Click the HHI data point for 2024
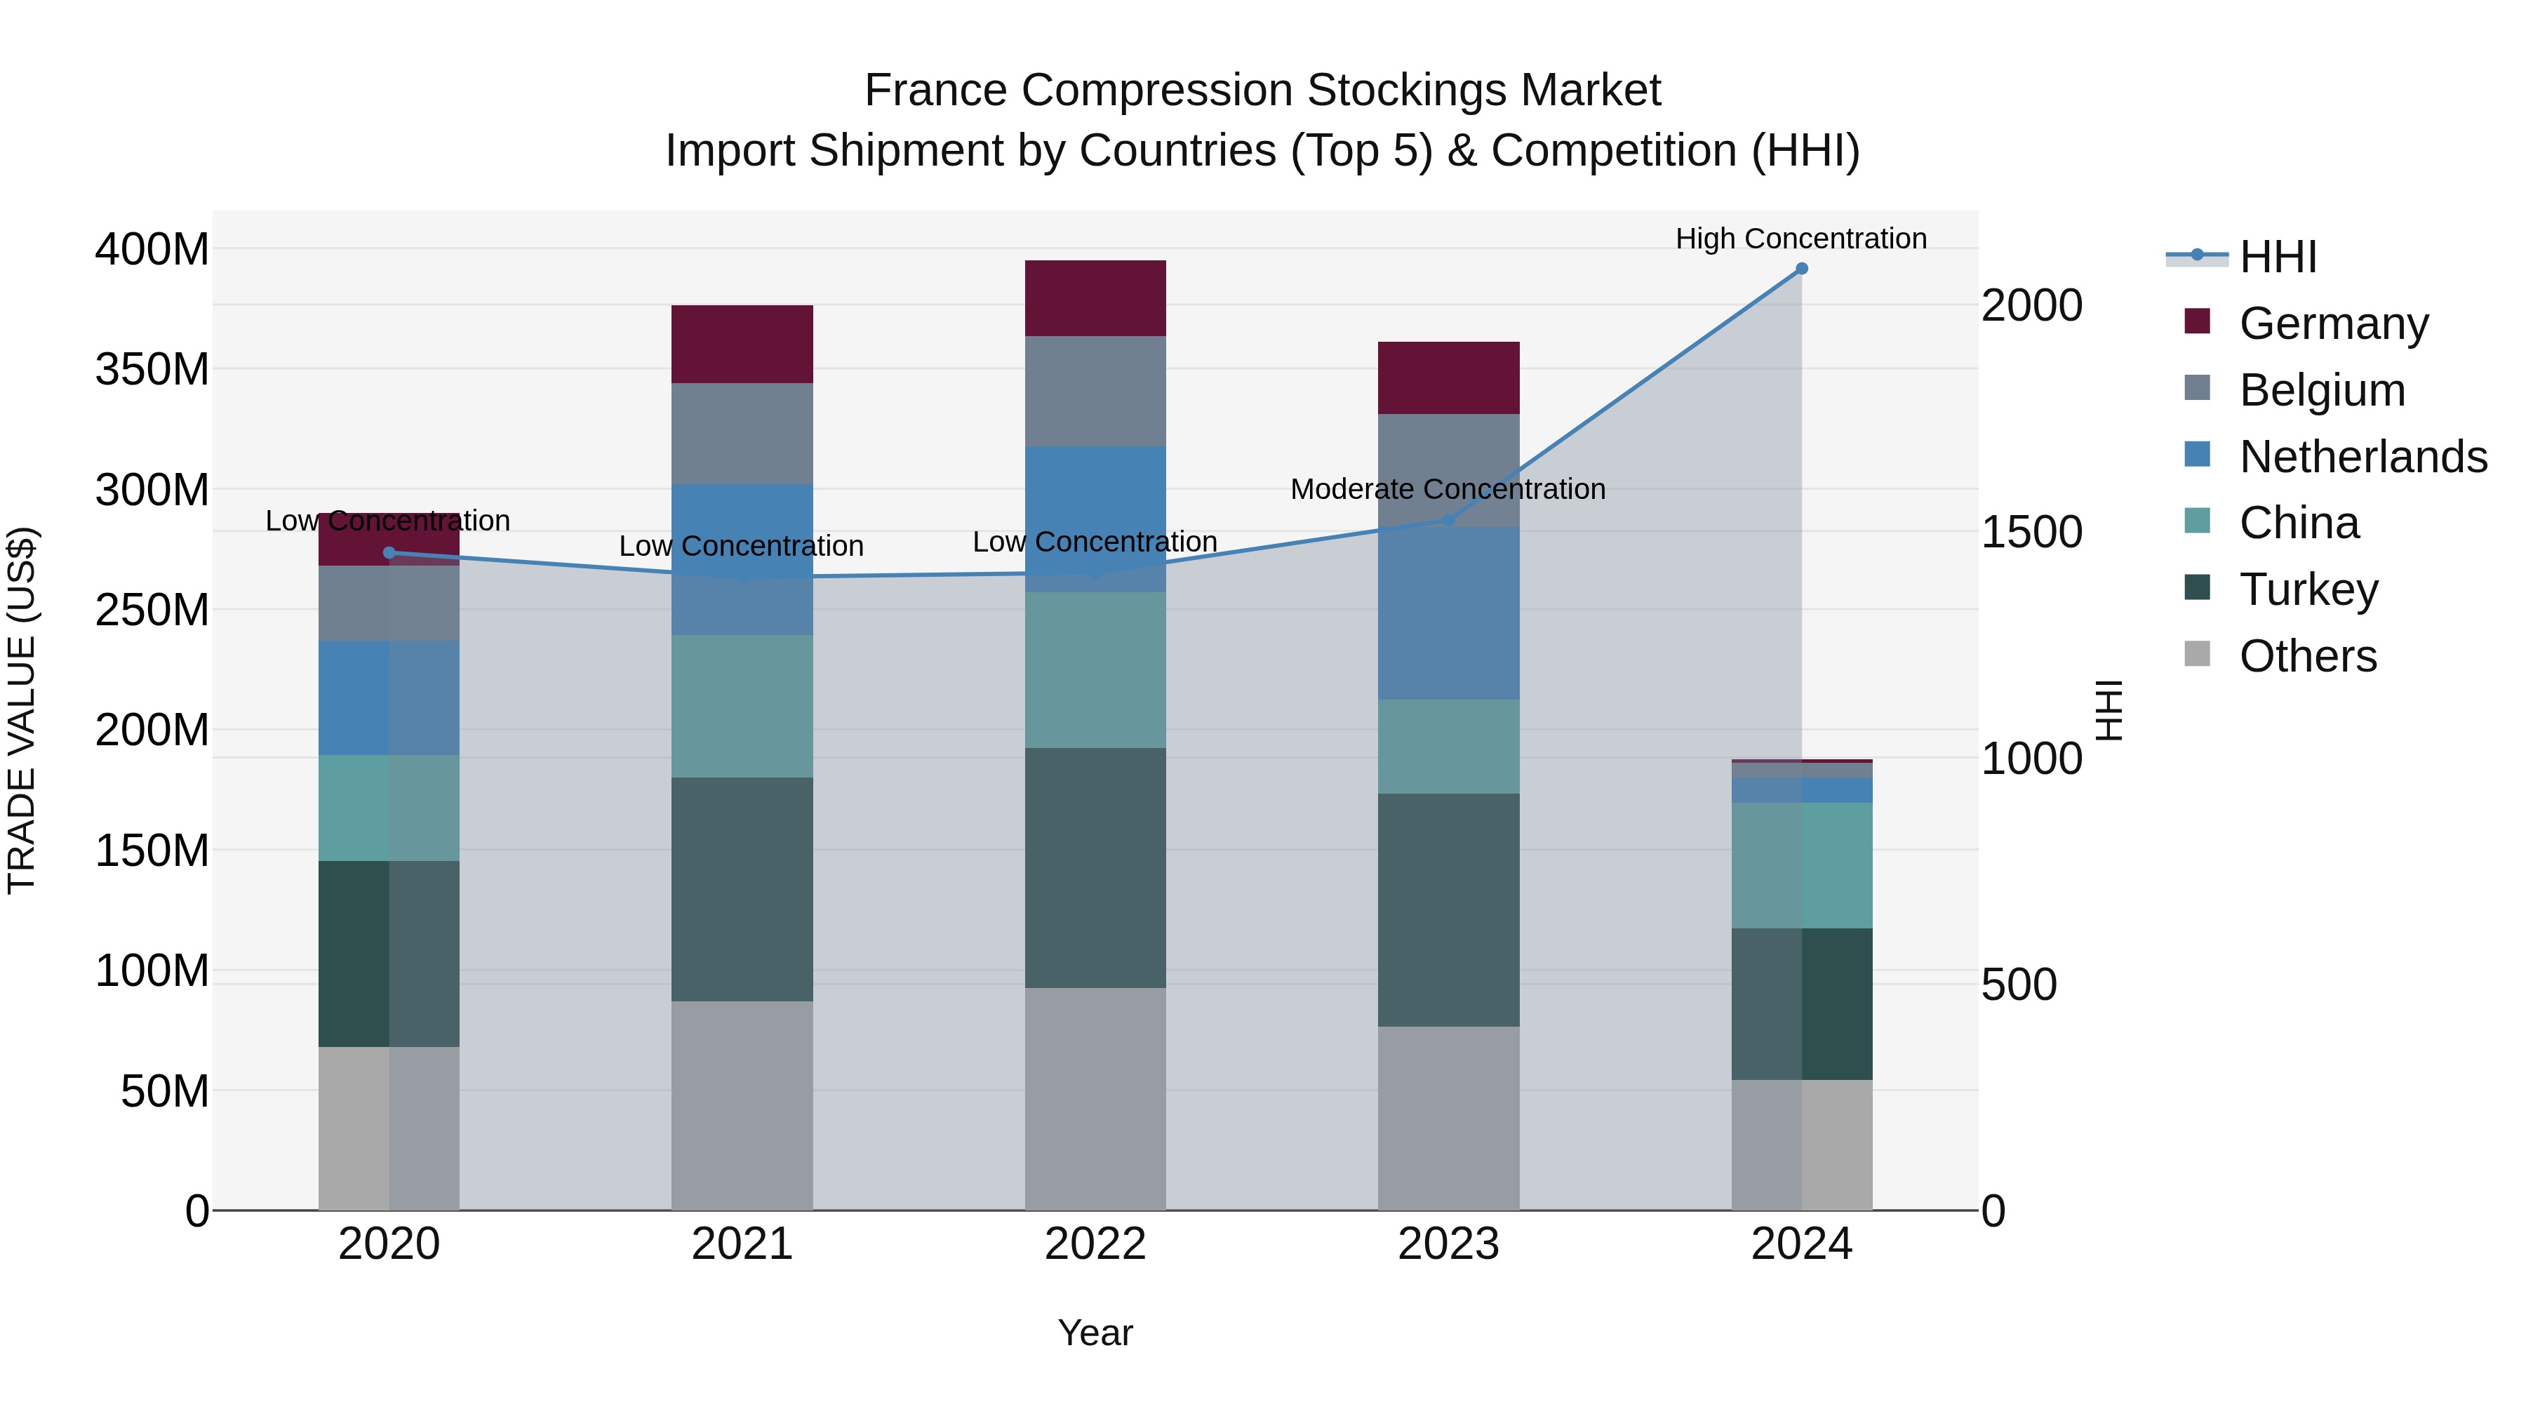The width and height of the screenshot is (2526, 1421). click(1801, 269)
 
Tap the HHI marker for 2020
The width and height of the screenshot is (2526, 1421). click(389, 553)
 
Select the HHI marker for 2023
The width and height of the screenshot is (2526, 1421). click(1448, 520)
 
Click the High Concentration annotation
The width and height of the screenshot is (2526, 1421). click(1800, 239)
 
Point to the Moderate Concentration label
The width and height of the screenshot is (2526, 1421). click(1448, 488)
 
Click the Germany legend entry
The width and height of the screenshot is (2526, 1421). click(2334, 323)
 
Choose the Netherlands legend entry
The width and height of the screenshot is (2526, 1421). click(2363, 457)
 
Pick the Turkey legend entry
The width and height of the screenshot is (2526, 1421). click(2308, 589)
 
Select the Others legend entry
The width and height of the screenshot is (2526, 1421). click(2308, 656)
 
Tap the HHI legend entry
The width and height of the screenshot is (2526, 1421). click(2278, 257)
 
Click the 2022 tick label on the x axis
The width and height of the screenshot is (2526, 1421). click(1095, 1244)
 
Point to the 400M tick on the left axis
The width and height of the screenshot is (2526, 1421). click(152, 249)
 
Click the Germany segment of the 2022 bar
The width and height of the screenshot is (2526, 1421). click(1095, 298)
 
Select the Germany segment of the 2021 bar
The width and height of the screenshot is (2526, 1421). click(742, 345)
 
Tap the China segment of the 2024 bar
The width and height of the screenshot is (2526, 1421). click(1801, 865)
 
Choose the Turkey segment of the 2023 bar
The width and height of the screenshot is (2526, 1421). click(1448, 910)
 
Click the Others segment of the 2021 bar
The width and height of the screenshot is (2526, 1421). click(742, 1105)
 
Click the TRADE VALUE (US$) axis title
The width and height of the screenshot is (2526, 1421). click(22, 710)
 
